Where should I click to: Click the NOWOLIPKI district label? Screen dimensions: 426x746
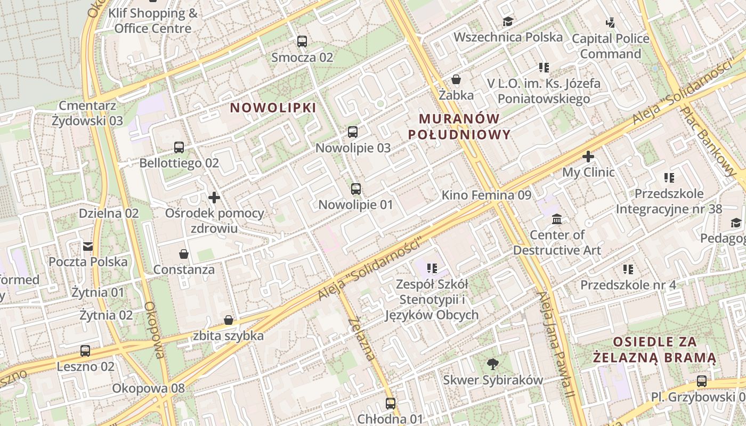(273, 108)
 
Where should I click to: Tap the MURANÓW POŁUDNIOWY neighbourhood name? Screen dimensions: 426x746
(459, 127)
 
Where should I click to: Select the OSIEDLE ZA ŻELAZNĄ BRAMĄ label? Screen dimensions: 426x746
(655, 349)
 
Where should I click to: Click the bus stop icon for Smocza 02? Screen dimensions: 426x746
(302, 41)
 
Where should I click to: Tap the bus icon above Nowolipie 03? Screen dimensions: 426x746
(353, 132)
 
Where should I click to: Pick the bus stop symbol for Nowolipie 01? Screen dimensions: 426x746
(356, 189)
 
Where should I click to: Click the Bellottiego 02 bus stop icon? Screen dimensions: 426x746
(179, 148)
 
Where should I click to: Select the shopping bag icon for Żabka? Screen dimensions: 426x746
(456, 80)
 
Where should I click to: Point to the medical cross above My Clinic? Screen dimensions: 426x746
(588, 157)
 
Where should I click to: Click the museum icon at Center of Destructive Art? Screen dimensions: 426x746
(557, 219)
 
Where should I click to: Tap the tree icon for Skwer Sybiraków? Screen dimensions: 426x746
(493, 364)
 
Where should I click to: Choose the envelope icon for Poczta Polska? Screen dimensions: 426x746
(88, 246)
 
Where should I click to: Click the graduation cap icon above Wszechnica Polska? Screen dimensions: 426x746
(508, 22)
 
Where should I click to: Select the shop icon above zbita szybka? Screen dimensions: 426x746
(229, 320)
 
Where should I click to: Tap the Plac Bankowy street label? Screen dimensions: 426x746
(708, 141)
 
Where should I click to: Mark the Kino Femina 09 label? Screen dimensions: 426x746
(486, 195)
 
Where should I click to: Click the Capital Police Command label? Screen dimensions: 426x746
(610, 46)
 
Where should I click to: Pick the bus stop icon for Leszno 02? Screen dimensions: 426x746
(85, 351)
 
